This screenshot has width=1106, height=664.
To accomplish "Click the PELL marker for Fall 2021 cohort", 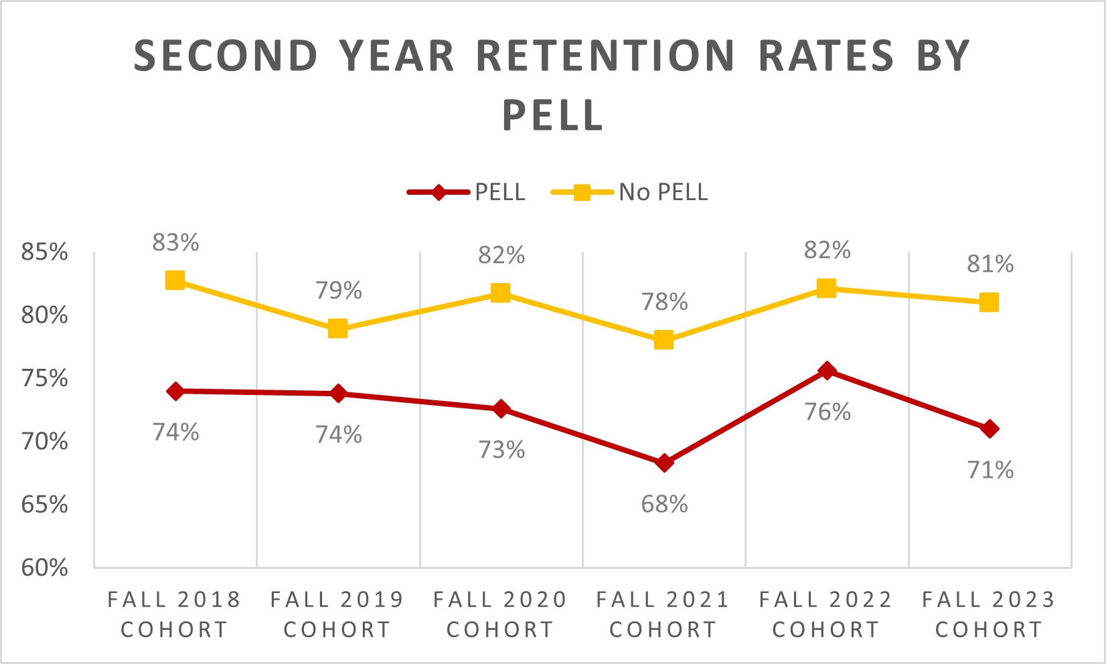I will coord(664,463).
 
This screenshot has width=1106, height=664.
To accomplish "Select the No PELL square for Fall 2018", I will coord(175,280).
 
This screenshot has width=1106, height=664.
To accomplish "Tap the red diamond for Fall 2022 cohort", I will coord(827,371).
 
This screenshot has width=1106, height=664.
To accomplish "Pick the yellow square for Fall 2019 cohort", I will coord(337,329).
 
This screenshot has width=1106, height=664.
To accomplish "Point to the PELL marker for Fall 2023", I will coord(990,429).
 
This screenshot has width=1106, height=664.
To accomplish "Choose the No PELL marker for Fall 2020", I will coord(500,293).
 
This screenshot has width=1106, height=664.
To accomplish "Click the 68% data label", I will coord(664,504).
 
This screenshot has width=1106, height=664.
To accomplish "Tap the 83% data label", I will coord(175,242).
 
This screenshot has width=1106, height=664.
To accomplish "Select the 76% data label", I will coord(827,412).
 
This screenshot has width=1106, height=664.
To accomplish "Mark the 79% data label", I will coord(339,290).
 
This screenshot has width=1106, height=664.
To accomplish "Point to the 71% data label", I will coord(990,470).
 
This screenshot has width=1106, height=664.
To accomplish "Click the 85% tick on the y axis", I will coord(45,252).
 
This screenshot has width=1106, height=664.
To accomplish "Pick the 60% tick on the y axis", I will coord(45,568).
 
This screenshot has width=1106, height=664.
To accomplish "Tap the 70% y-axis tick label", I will coord(45,442).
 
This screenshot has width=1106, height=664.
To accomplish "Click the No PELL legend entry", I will coord(630,192).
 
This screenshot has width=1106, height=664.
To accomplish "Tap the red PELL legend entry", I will coord(467,192).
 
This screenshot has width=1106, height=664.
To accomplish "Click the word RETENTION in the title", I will coord(606,56).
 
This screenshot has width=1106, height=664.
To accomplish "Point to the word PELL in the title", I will coord(553,115).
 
